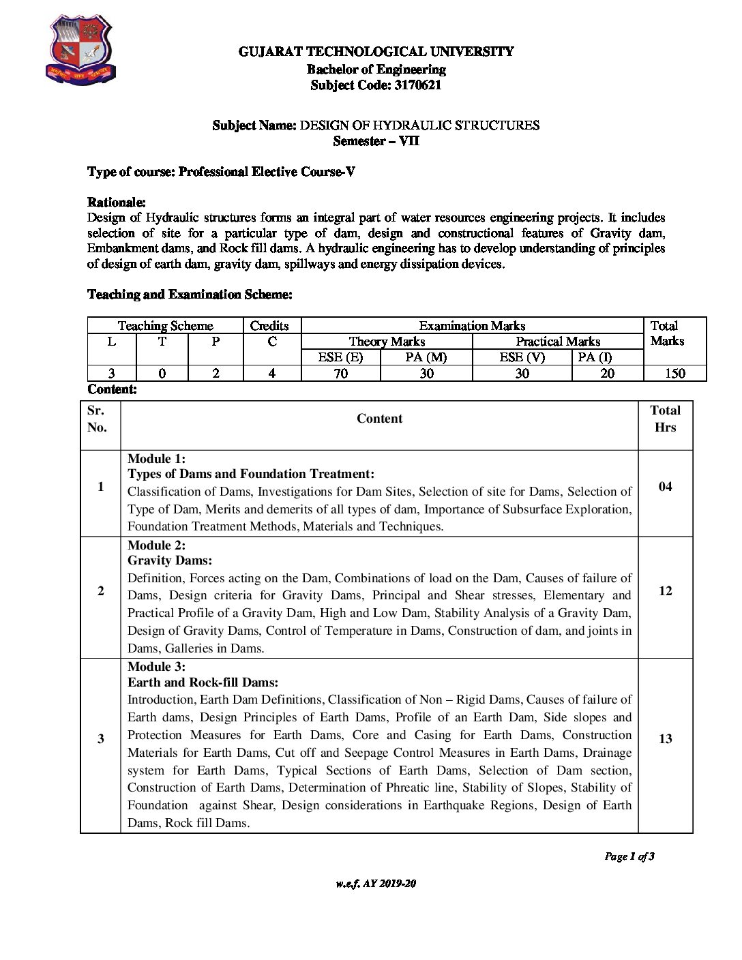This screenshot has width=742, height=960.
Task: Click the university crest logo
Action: click(x=80, y=51)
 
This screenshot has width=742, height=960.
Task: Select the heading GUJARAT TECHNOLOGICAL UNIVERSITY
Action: click(x=376, y=51)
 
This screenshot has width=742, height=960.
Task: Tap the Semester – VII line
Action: click(x=376, y=141)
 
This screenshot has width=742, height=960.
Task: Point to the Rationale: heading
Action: click(x=117, y=202)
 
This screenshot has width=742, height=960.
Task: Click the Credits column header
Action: click(x=269, y=326)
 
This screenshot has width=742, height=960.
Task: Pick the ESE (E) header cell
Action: click(x=340, y=357)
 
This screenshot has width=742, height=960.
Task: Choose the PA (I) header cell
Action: click(x=595, y=357)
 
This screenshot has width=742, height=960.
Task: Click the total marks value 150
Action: click(x=674, y=374)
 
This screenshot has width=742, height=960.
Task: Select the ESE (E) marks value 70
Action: click(x=340, y=374)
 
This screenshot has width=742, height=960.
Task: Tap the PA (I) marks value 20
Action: click(x=607, y=374)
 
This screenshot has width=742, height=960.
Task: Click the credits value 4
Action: click(x=272, y=374)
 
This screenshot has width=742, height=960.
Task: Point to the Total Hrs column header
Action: click(x=665, y=419)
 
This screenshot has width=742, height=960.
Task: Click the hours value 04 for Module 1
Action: click(x=665, y=487)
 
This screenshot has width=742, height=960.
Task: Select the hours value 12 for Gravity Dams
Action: click(x=665, y=591)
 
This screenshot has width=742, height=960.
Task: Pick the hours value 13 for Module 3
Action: click(x=665, y=739)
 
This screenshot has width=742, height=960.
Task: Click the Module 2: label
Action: click(x=156, y=545)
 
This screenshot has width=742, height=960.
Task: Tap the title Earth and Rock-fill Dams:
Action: click(x=203, y=682)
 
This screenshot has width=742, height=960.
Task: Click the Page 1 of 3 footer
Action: click(x=629, y=856)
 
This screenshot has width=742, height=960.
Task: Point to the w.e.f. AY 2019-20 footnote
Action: click(x=376, y=884)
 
